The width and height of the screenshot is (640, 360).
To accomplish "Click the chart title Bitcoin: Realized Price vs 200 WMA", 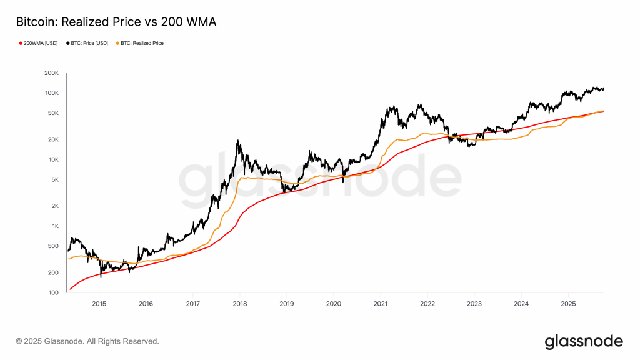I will pos(116,22).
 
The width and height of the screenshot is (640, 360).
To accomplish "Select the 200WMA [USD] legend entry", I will pos(39,43).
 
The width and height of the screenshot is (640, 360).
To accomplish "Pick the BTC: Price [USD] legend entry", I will pos(89,43).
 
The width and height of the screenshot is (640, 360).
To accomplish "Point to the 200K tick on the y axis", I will pos(51,73).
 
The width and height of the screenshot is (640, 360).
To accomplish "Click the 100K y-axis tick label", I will pos(51,93).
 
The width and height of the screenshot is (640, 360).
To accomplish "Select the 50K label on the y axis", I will pos(52,113).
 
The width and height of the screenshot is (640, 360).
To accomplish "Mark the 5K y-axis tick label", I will pos(54,179).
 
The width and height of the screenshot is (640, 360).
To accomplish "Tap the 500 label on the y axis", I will pos(52,246).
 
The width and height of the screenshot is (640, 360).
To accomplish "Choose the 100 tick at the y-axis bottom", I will pos(52,292).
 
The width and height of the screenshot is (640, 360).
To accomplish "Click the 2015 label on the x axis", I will pos(99,304).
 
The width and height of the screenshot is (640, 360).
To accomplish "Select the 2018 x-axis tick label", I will pos(239,304).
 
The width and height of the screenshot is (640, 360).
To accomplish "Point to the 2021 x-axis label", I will pos(380,304).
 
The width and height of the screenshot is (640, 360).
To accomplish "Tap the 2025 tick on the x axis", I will pos(567,304).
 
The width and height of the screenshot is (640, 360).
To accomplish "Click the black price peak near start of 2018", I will pos(238,141).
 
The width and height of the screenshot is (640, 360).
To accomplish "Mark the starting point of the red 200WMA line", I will pos(70,289).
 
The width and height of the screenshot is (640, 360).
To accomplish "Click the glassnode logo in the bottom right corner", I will pos(584,341).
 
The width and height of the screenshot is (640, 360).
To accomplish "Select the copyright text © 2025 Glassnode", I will pos(87,341).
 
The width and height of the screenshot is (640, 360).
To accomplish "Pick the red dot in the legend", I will pos(20,43).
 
